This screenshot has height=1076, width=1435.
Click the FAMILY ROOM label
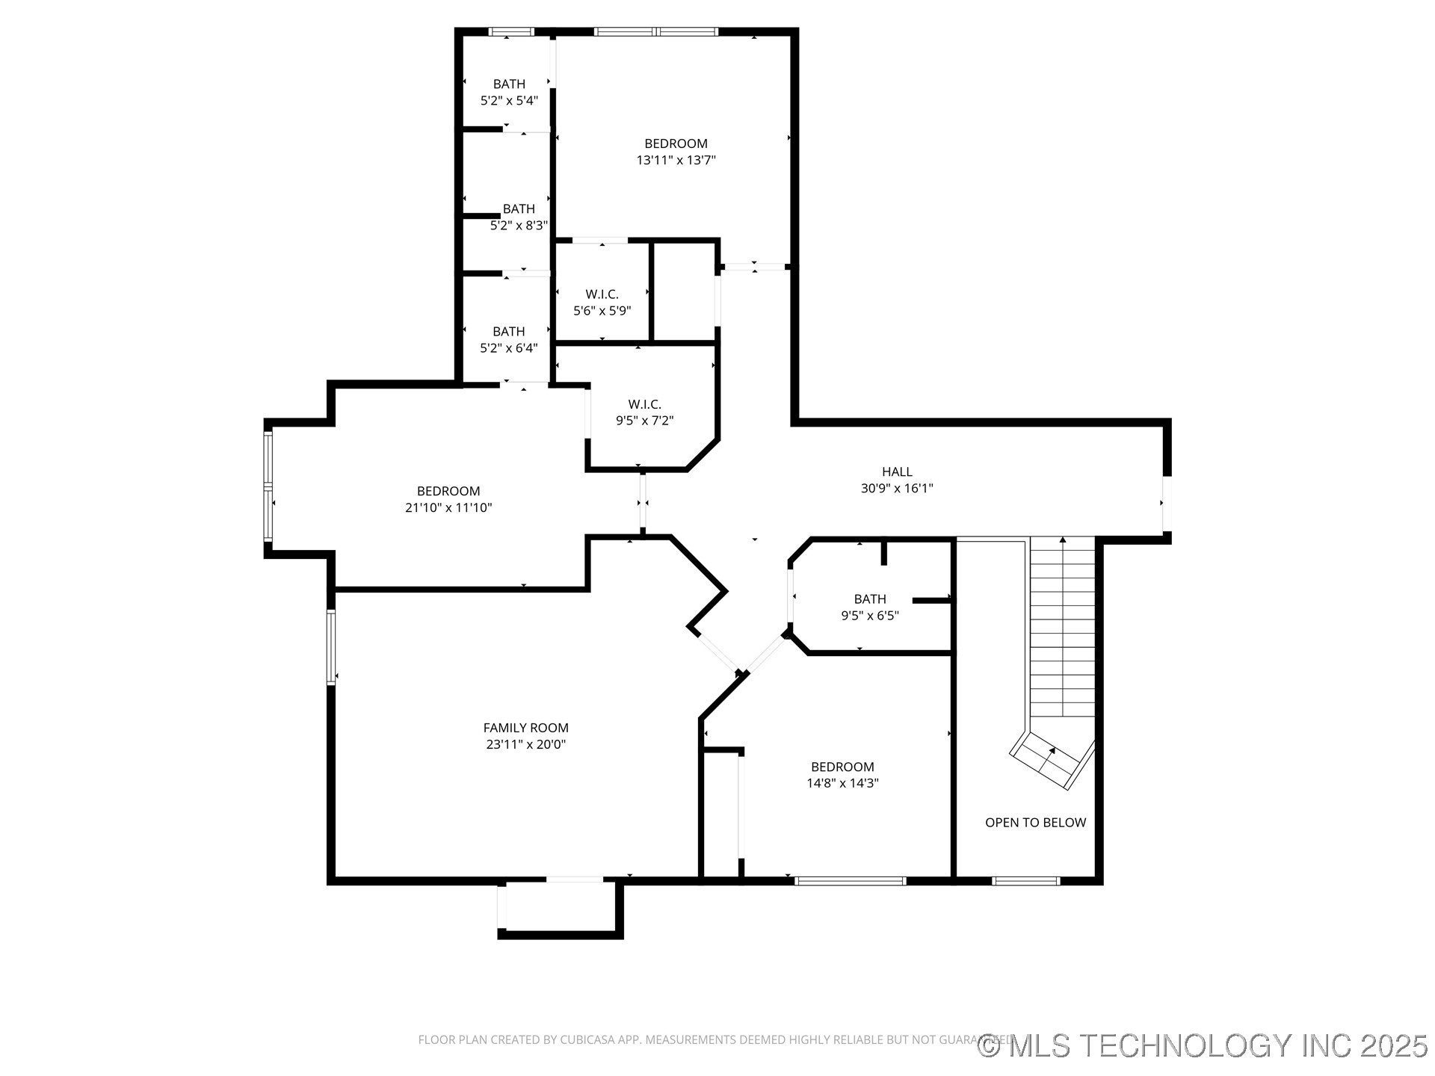pyautogui.click(x=525, y=728)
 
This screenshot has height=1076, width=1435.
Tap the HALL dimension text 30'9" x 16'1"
pyautogui.click(x=897, y=489)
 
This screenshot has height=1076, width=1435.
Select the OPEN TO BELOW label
pyautogui.click(x=1035, y=823)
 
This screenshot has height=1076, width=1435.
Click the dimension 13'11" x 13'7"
pyautogui.click(x=676, y=160)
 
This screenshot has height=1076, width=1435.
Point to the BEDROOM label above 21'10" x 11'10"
pyautogui.click(x=448, y=491)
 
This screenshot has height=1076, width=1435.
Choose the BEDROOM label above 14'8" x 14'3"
pyautogui.click(x=842, y=767)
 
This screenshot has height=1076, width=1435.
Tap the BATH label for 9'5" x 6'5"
pyautogui.click(x=870, y=599)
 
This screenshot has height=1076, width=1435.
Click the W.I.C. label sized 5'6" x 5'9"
pyautogui.click(x=602, y=294)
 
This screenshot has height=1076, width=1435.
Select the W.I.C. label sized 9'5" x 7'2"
pyautogui.click(x=644, y=404)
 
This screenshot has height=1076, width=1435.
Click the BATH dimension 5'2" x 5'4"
pyautogui.click(x=509, y=100)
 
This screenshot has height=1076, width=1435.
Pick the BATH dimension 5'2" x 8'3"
pyautogui.click(x=519, y=225)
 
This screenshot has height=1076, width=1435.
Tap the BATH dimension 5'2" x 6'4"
pyautogui.click(x=509, y=347)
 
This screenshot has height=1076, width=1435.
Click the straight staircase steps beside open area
pyautogui.click(x=1063, y=628)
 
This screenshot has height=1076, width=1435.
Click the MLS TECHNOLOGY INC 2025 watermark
pyautogui.click(x=1203, y=1045)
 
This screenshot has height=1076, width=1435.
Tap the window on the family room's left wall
pyautogui.click(x=331, y=647)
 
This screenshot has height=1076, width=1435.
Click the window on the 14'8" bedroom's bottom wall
pyautogui.click(x=850, y=881)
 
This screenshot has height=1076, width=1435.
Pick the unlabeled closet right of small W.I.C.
pyautogui.click(x=685, y=291)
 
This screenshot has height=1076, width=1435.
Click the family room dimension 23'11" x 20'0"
pyautogui.click(x=525, y=744)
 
